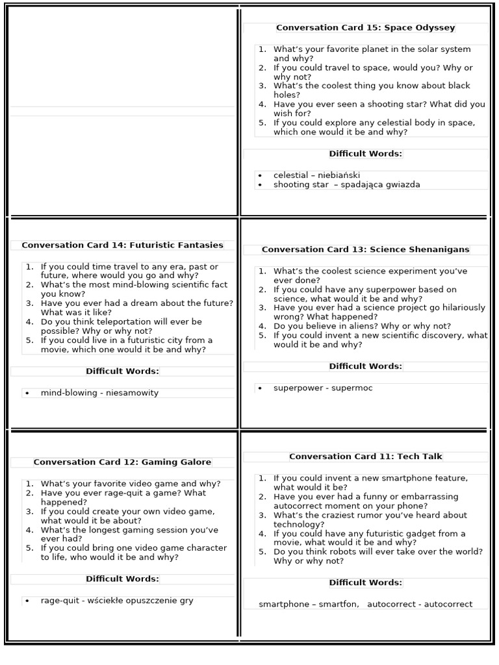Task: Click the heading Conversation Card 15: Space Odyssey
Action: click(365, 28)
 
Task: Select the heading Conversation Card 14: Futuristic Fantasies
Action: click(122, 245)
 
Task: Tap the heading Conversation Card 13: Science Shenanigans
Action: click(365, 250)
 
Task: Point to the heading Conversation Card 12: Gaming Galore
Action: click(122, 462)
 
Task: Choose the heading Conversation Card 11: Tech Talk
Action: click(365, 457)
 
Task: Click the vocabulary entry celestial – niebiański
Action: click(316, 175)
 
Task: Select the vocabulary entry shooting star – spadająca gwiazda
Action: click(346, 185)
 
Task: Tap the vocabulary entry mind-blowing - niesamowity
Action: click(99, 393)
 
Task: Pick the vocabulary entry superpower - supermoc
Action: click(323, 388)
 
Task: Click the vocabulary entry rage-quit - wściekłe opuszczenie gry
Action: click(117, 601)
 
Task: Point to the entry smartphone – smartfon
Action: click(309, 605)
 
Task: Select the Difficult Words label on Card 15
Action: click(365, 154)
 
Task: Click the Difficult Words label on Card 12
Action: click(122, 579)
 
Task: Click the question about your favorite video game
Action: click(130, 484)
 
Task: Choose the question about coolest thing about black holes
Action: click(370, 90)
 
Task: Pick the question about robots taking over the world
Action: click(377, 557)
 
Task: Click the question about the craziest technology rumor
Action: click(369, 520)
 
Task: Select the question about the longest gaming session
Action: click(129, 534)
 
